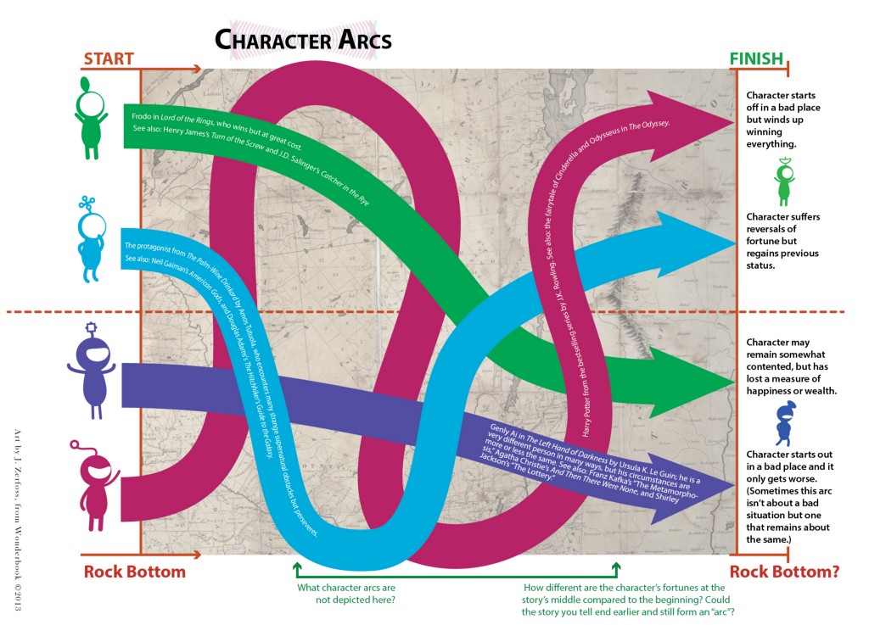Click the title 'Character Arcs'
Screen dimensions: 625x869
tap(302, 39)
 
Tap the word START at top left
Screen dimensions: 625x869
tap(108, 59)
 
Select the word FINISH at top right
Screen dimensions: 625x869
tap(757, 59)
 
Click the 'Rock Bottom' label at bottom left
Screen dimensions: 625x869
tap(134, 571)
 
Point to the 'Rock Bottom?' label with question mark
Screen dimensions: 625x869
tap(784, 571)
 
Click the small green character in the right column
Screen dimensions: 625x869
tap(784, 179)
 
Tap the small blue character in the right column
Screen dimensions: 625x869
tap(784, 422)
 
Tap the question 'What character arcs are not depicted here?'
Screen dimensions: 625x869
tap(346, 593)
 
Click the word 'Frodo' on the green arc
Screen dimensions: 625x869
tap(141, 114)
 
